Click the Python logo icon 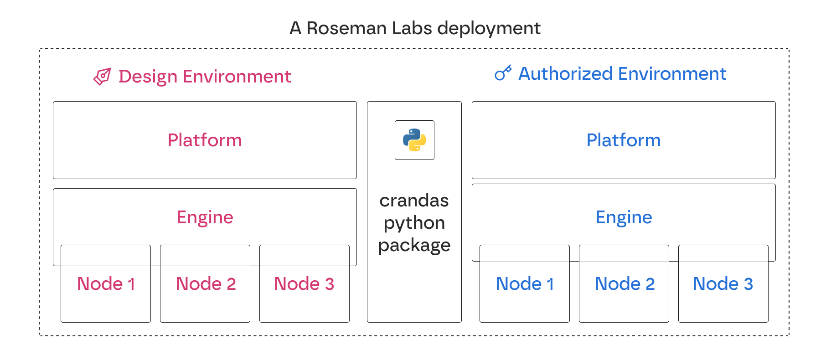pos(414,140)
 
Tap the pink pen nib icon pos(102,77)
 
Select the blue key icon pos(503,72)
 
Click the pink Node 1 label pos(106,284)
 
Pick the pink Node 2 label pos(206,284)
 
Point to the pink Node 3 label pos(304,284)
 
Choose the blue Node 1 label pos(525,284)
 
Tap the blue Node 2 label pos(625,284)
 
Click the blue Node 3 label pos(723,284)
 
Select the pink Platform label pos(205,140)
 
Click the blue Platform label pos(623,140)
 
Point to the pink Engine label pos(205,217)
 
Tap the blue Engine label pos(624,217)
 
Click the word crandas pos(414,201)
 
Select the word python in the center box pos(414,223)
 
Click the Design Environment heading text pos(204,77)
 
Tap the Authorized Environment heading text pos(622,74)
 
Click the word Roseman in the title pos(346,28)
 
